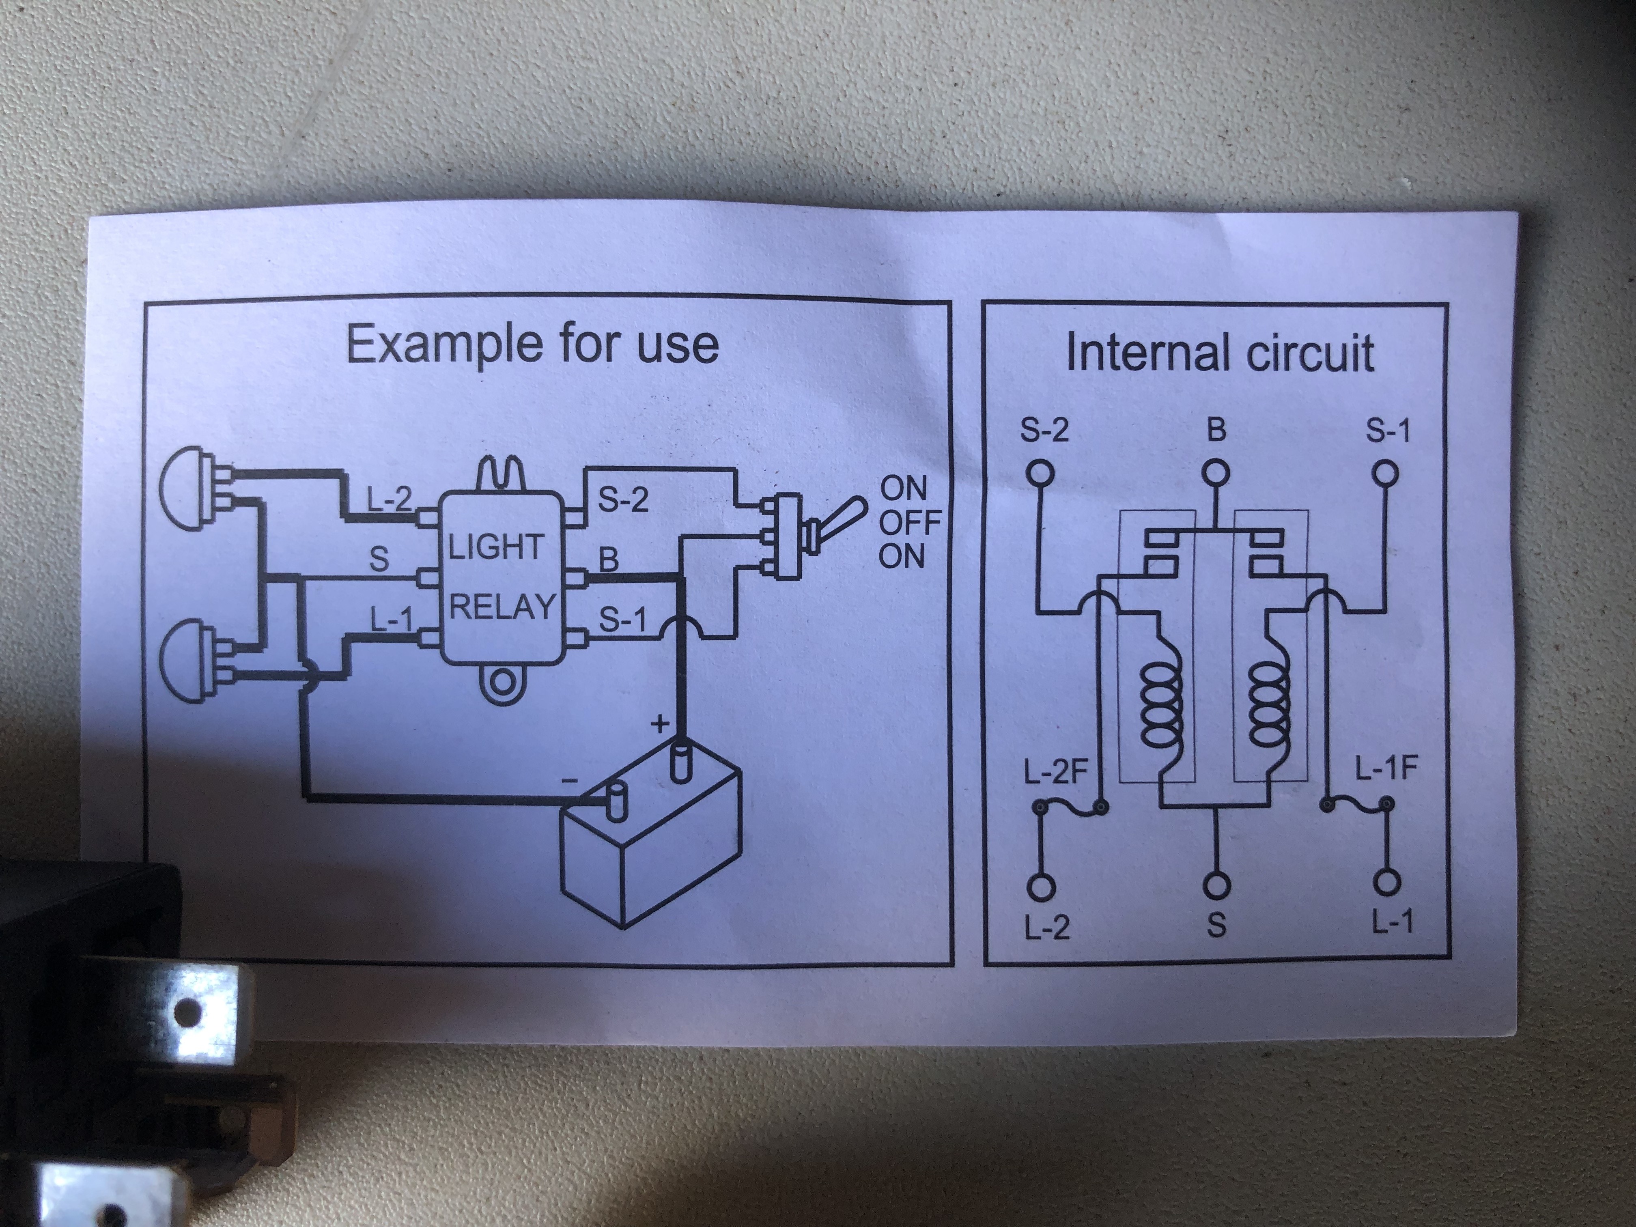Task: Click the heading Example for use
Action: tap(532, 344)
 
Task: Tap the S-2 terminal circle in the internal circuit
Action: tap(1040, 472)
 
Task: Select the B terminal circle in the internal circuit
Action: tap(1215, 472)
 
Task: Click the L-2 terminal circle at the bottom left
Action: tap(1041, 887)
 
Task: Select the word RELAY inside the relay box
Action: tap(502, 607)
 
